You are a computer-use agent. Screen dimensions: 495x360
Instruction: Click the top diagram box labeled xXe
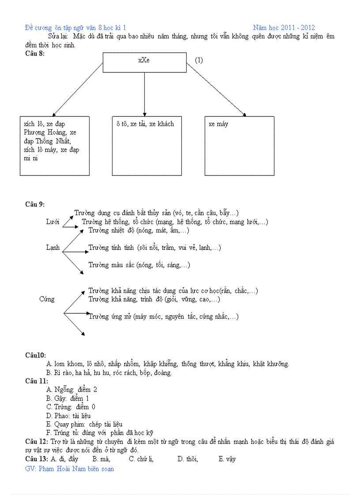(x=144, y=62)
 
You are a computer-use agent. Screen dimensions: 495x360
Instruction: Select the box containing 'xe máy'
(x=239, y=145)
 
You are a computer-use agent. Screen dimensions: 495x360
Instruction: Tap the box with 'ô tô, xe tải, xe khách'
(x=146, y=145)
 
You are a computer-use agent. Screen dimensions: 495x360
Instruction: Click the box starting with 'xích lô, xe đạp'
(x=54, y=145)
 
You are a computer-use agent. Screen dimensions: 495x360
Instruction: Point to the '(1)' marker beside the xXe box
(x=199, y=60)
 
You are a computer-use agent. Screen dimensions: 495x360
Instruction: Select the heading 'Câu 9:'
(x=35, y=204)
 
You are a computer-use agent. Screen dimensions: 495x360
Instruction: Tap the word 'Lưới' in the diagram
(x=52, y=222)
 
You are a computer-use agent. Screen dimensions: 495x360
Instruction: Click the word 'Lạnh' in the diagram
(x=52, y=247)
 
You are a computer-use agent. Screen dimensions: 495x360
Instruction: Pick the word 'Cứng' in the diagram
(x=47, y=299)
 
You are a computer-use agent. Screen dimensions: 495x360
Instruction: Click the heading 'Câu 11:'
(x=37, y=381)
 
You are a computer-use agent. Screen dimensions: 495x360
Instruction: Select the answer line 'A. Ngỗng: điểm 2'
(x=71, y=390)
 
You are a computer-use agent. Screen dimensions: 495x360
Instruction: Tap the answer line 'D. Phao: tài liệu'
(x=68, y=416)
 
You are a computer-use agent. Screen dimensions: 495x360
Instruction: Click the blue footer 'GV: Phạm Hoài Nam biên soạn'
(x=70, y=469)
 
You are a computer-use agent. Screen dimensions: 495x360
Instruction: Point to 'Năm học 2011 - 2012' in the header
(x=284, y=28)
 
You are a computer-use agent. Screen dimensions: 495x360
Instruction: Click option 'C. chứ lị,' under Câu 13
(x=141, y=459)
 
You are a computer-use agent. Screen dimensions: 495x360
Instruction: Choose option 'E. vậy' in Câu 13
(x=227, y=459)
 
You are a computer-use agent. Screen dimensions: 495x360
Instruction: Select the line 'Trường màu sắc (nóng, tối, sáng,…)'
(x=139, y=265)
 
